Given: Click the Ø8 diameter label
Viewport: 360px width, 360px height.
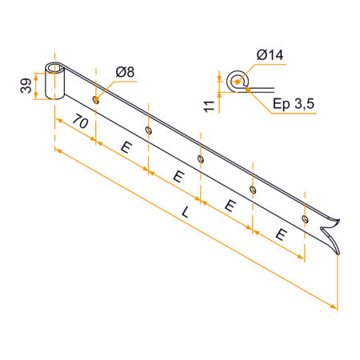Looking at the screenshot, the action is (125, 72).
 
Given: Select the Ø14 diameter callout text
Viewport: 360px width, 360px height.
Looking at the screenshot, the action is (270, 55).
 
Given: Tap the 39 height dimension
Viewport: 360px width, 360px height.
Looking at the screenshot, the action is (26, 86).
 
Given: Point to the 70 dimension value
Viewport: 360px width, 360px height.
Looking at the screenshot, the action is (80, 121).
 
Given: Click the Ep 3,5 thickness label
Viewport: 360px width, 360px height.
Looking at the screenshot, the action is (294, 103).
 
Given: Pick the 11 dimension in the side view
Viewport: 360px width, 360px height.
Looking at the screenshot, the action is (210, 106).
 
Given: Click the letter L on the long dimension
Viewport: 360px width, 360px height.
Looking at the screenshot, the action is (185, 213).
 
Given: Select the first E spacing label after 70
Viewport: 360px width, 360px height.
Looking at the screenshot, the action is (126, 147).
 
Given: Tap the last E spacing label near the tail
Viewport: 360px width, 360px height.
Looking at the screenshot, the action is (282, 234).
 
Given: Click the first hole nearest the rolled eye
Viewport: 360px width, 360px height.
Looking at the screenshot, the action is (96, 100).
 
